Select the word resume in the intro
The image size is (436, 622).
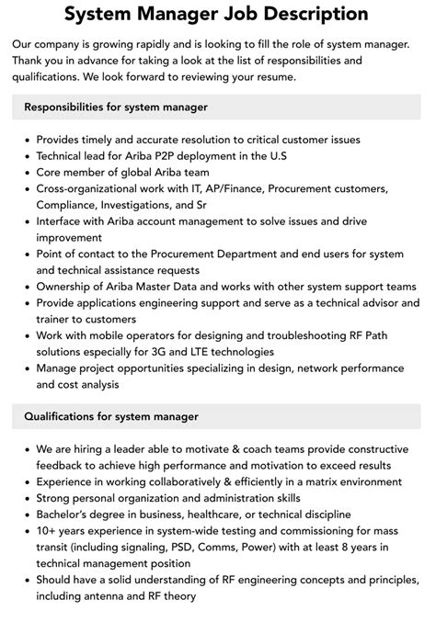(x=273, y=76)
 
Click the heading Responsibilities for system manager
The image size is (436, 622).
(x=116, y=107)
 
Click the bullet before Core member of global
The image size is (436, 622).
(x=25, y=172)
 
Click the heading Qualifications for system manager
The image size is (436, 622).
(x=110, y=416)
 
